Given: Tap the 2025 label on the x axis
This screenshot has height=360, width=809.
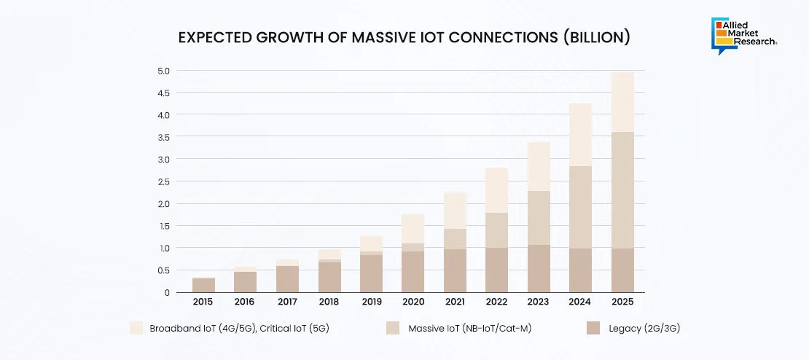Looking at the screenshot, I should click(x=622, y=302).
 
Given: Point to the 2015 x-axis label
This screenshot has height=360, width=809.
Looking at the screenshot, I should click(x=204, y=302).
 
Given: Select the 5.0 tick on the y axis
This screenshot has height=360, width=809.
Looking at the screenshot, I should click(x=163, y=71).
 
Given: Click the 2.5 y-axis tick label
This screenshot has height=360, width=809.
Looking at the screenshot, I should click(x=163, y=181).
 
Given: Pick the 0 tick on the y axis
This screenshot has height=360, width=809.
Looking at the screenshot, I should click(x=167, y=292).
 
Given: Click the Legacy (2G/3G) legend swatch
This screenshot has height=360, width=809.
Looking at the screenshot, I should click(x=593, y=329).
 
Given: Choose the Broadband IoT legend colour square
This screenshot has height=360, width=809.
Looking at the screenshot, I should click(x=136, y=329).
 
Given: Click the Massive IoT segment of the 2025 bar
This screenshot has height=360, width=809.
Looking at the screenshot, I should click(x=622, y=189).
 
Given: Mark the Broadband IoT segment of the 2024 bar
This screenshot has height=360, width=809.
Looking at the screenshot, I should click(x=580, y=135).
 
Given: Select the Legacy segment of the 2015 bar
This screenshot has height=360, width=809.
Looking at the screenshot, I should click(x=204, y=285).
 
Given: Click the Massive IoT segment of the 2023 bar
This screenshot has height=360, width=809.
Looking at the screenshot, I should click(x=539, y=217).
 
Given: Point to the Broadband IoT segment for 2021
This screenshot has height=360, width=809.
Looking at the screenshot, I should click(x=455, y=211).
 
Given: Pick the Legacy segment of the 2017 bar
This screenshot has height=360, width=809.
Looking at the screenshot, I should click(x=288, y=279).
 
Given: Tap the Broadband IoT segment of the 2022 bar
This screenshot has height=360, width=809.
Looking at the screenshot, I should click(x=496, y=190).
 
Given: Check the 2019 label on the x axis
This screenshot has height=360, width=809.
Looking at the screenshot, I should click(x=371, y=302).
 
